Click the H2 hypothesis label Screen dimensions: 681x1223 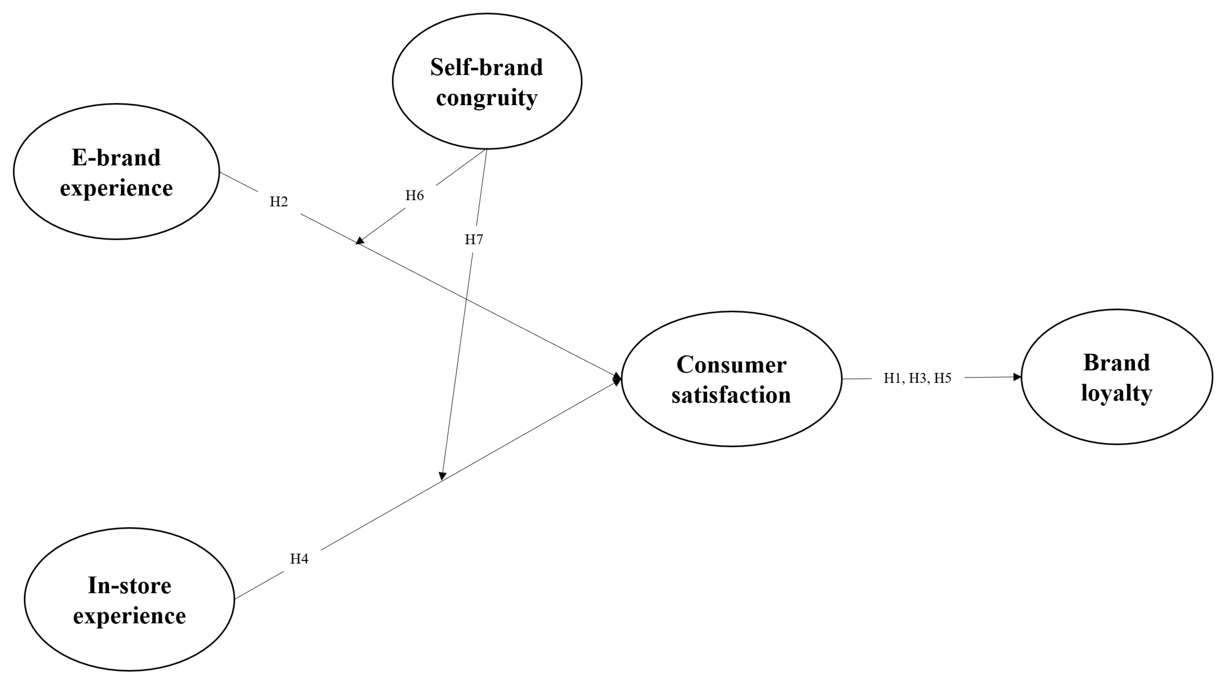point(279,202)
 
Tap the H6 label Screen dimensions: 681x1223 point(414,195)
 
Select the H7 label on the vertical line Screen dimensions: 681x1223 point(473,240)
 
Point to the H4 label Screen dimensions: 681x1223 point(299,559)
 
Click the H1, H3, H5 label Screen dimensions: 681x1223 point(917,378)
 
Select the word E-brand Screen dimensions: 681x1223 point(116,157)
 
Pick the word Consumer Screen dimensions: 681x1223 point(731,365)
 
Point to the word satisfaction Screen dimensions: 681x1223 point(731,395)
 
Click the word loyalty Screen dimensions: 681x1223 point(1116,393)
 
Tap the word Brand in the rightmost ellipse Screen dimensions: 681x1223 point(1116,363)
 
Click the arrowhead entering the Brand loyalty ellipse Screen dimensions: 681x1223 point(1017,377)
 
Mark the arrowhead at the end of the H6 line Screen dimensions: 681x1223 point(360,241)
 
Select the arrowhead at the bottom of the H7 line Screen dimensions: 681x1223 point(442,476)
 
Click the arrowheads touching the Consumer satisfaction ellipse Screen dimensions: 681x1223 point(617,379)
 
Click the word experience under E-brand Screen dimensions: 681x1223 point(116,188)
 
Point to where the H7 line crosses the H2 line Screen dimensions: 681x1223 point(466,299)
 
